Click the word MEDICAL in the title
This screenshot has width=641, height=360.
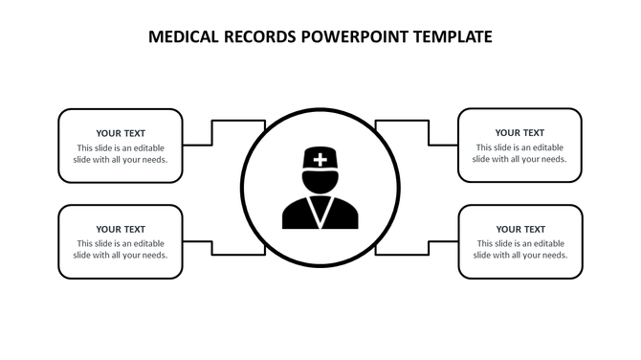pyautogui.click(x=186, y=37)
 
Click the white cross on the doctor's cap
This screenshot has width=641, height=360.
pyautogui.click(x=320, y=160)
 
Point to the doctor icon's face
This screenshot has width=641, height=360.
pyautogui.click(x=320, y=181)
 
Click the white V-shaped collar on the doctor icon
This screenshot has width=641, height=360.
pyautogui.click(x=320, y=205)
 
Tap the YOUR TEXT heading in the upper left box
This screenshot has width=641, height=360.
pyautogui.click(x=121, y=133)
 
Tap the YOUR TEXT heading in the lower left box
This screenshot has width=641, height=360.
pyautogui.click(x=121, y=229)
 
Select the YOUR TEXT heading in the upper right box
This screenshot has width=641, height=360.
pyautogui.click(x=520, y=133)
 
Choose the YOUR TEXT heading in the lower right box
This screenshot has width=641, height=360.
pyautogui.click(x=520, y=229)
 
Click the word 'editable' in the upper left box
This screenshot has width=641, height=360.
pyautogui.click(x=146, y=147)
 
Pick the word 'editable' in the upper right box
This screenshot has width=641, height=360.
pyautogui.click(x=546, y=147)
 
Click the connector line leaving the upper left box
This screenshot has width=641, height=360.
pyautogui.click(x=196, y=146)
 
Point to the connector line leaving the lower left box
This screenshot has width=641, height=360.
pyautogui.click(x=196, y=241)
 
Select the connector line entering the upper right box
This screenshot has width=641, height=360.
pyautogui.click(x=444, y=146)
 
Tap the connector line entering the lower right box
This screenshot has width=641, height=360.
pyautogui.click(x=444, y=241)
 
